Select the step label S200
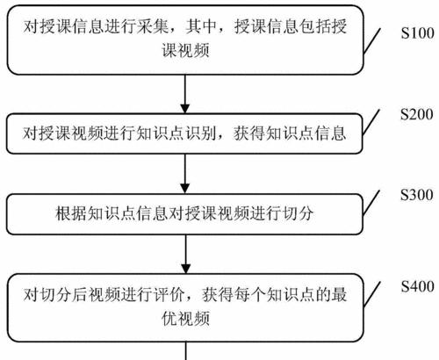[414, 116]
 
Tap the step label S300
[414, 193]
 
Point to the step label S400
[414, 286]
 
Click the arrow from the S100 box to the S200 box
[184, 93]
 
